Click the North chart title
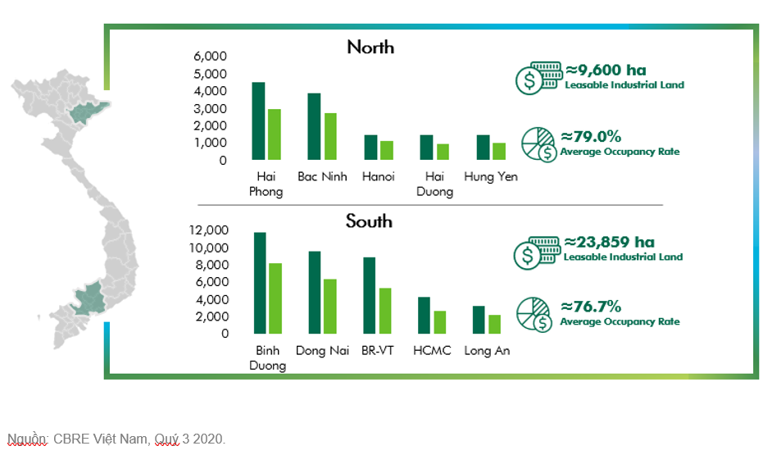(370, 48)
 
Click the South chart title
(369, 221)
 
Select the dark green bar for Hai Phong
(258, 121)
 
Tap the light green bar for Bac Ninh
(330, 136)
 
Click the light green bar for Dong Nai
(330, 306)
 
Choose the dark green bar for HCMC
(425, 314)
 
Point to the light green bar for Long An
(494, 324)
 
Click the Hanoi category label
(377, 176)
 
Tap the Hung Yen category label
(490, 176)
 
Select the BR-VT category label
(377, 351)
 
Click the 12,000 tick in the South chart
(210, 230)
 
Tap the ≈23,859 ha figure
(610, 243)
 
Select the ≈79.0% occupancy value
(591, 137)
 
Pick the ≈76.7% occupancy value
(591, 307)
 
